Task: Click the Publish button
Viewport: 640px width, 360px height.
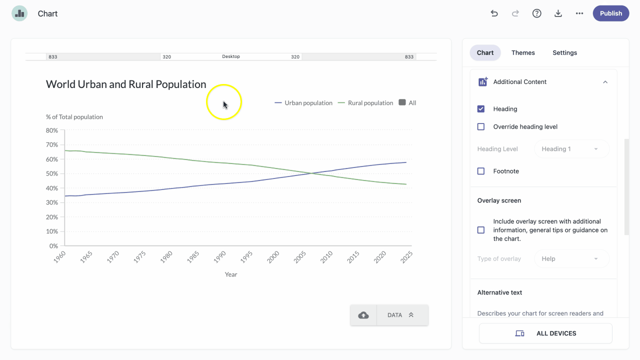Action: (611, 13)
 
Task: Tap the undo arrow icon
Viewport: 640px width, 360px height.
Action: (494, 13)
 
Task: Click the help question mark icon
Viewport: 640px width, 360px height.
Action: (537, 13)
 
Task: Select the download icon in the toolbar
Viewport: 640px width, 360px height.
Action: (558, 13)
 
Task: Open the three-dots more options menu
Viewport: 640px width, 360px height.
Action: (579, 13)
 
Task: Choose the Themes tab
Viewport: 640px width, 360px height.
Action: (523, 52)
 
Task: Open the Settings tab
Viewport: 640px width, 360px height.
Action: (565, 52)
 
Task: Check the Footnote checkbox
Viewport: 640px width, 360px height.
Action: (481, 171)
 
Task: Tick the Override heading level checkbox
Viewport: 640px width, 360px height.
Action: (481, 126)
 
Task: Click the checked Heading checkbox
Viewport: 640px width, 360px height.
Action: (481, 109)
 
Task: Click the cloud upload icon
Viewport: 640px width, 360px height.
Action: (363, 315)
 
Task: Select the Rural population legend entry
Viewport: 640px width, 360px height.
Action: (365, 103)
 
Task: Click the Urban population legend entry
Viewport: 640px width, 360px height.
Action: (303, 103)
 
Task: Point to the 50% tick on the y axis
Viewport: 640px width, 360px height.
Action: (52, 173)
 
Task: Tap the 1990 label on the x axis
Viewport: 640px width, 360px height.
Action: (219, 257)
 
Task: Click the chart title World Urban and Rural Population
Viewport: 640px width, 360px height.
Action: (126, 84)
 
